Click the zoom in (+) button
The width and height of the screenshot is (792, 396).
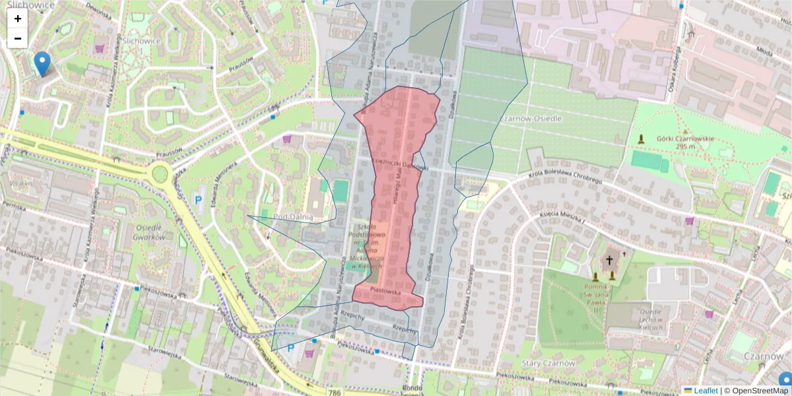pos(18,18)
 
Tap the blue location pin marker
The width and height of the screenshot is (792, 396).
pos(42,64)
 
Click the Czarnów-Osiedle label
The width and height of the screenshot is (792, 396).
pos(531,118)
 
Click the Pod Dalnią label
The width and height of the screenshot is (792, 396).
pos(292,217)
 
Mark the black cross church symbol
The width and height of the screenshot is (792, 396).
pos(609,260)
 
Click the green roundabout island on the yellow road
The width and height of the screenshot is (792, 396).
pos(160,175)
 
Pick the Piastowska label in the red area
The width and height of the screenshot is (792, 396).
pos(386,290)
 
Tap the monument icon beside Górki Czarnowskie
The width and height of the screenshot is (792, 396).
pos(641,139)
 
